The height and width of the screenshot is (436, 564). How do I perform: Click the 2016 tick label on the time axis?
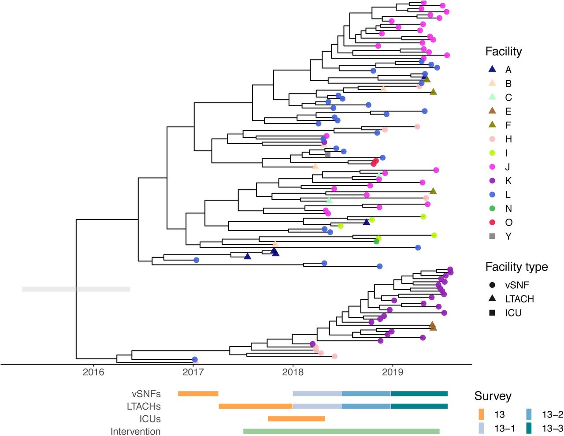pyautogui.click(x=93, y=372)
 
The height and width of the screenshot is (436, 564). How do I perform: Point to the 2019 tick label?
pyautogui.click(x=393, y=372)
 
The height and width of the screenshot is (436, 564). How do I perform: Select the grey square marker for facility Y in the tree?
pyautogui.click(x=327, y=154)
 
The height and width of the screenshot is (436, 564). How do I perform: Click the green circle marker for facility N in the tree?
pyautogui.click(x=376, y=242)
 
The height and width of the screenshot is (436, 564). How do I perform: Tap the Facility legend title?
pyautogui.click(x=504, y=52)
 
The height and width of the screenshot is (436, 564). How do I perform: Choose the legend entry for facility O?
pyautogui.click(x=501, y=222)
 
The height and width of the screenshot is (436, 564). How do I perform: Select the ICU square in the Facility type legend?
pyautogui.click(x=492, y=313)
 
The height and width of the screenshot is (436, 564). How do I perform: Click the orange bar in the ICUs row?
pyautogui.click(x=297, y=419)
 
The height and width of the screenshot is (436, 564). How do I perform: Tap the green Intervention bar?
pyautogui.click(x=341, y=431)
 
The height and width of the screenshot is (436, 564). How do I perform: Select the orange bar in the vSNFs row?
pyautogui.click(x=198, y=394)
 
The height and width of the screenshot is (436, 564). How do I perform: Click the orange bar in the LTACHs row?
pyautogui.click(x=256, y=406)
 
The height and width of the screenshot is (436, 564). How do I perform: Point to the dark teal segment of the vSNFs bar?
pyautogui.click(x=419, y=394)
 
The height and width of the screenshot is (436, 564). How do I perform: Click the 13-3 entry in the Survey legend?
pyautogui.click(x=544, y=428)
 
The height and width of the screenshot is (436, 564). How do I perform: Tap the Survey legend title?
pyautogui.click(x=493, y=396)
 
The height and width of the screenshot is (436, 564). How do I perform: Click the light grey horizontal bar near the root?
pyautogui.click(x=76, y=289)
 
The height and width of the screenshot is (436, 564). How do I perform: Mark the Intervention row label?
pyautogui.click(x=135, y=431)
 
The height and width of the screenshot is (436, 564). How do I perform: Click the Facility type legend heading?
pyautogui.click(x=516, y=267)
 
